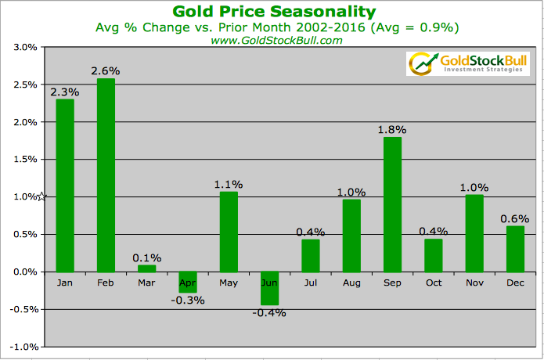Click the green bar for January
[x=64, y=185]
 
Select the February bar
[x=106, y=175]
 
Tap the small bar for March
[x=146, y=268]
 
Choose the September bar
[x=392, y=204]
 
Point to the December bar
[x=514, y=249]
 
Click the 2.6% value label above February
[x=106, y=71]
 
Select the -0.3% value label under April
[x=187, y=300]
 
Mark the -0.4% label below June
[x=269, y=312]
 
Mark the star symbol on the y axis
[x=43, y=196]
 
